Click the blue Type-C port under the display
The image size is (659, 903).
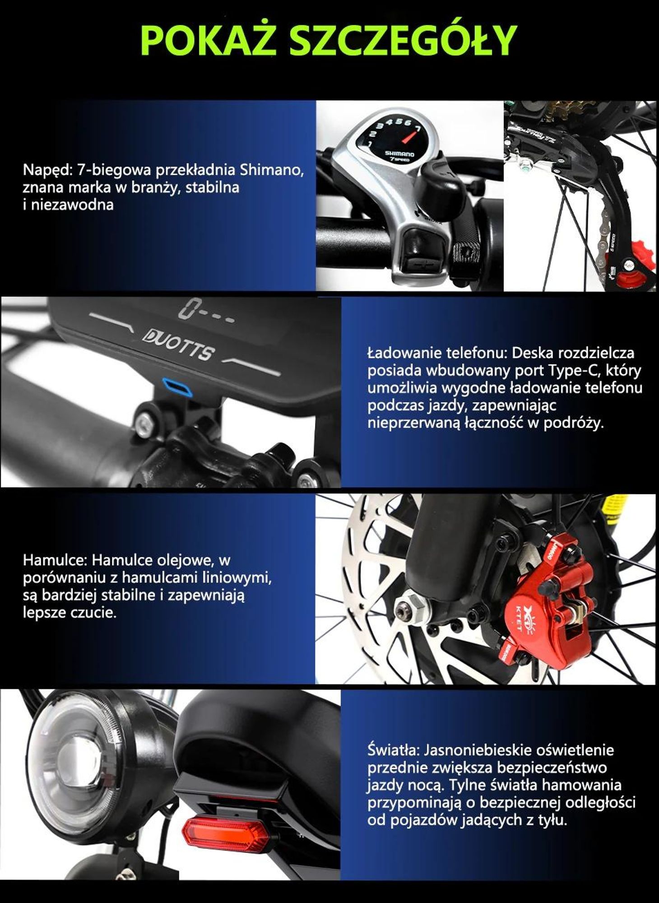(177, 386)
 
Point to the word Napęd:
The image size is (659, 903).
(48, 172)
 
